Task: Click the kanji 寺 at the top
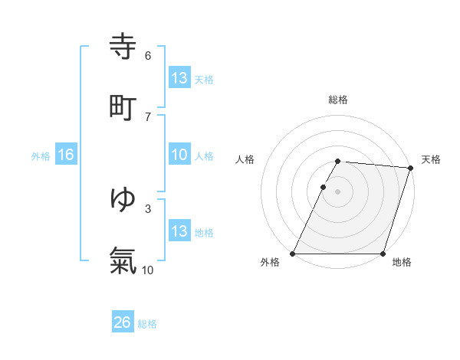tap(123, 46)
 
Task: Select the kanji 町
tap(123, 106)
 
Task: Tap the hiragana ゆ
tap(123, 199)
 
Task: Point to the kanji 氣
tap(123, 260)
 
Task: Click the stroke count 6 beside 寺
tap(148, 55)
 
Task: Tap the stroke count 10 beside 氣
tap(148, 270)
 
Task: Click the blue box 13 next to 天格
tap(179, 77)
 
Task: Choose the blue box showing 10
tap(179, 155)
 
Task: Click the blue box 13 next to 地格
tap(179, 231)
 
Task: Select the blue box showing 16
tap(65, 155)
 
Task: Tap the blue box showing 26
tap(122, 322)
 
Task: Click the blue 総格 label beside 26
tap(147, 324)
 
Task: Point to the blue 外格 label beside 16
tap(41, 155)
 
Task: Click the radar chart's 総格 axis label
tap(337, 100)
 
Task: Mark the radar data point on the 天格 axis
tap(411, 168)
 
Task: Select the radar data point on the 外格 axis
tap(293, 254)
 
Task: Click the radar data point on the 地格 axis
tap(383, 254)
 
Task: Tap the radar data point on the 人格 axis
tap(324, 187)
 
